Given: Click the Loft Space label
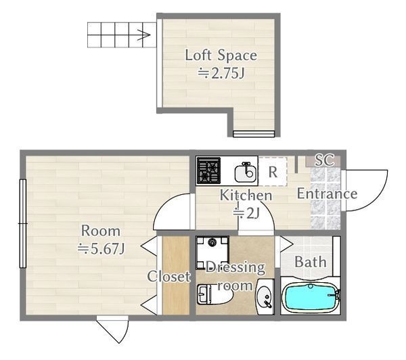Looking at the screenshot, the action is (221, 55).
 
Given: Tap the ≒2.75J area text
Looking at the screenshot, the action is (221, 73).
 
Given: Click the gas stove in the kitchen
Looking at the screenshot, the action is (208, 171).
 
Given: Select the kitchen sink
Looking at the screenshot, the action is (246, 172).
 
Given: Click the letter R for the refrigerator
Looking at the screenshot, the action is (273, 171).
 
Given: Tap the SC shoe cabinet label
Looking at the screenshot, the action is (324, 160).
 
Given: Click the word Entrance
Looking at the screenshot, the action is (327, 194).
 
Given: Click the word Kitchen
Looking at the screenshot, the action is (246, 196).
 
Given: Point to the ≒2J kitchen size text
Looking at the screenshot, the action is (246, 213).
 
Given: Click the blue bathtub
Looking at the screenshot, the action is (310, 297).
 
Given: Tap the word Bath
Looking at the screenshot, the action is (310, 262).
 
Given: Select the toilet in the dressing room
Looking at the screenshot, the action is (215, 294).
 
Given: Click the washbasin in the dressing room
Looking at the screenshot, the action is (265, 297).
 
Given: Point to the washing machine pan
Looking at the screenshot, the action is (212, 252).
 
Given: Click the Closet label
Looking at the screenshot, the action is (168, 276).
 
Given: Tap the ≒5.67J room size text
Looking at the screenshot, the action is (101, 248).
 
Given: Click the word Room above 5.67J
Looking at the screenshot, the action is (101, 231).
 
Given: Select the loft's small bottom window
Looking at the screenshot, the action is (254, 134).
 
